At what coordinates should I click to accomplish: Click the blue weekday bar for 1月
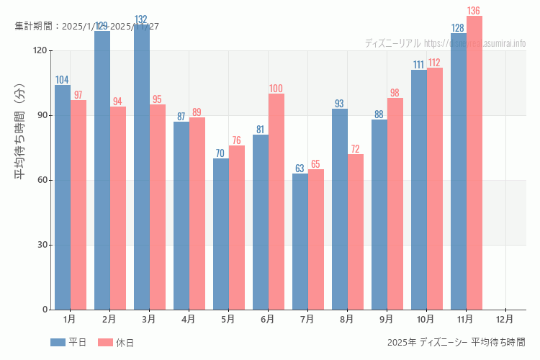pyautogui.click(x=63, y=197)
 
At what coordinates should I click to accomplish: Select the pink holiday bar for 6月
pyautogui.click(x=276, y=202)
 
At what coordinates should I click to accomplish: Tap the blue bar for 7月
pyautogui.click(x=300, y=241)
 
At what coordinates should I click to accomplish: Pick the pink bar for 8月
pyautogui.click(x=356, y=232)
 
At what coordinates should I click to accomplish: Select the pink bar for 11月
pyautogui.click(x=474, y=163)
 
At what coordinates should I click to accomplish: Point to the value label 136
pyautogui.click(x=474, y=11)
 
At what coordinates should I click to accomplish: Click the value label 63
pyautogui.click(x=300, y=168)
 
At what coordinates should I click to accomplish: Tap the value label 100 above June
pyautogui.click(x=276, y=89)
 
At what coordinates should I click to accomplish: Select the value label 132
pyautogui.click(x=142, y=19)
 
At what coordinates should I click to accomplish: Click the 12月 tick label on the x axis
pyautogui.click(x=505, y=318)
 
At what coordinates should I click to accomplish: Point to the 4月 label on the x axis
pyautogui.click(x=189, y=318)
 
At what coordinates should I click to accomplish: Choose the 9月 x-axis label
pyautogui.click(x=387, y=318)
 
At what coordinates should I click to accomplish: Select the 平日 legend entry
pyautogui.click(x=69, y=343)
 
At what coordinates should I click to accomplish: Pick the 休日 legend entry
pyautogui.click(x=117, y=343)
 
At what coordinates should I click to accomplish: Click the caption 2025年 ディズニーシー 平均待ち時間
pyautogui.click(x=456, y=342)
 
